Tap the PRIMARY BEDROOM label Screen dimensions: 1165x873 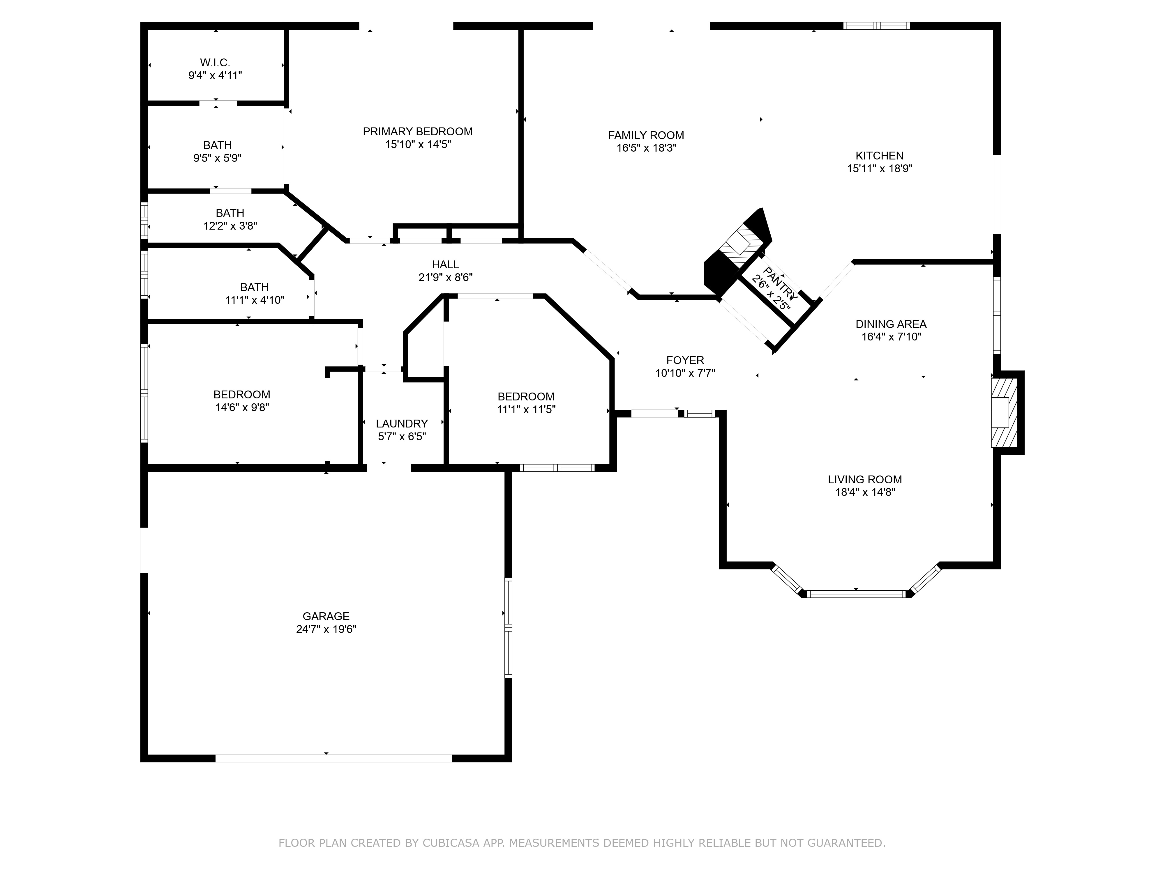click(x=418, y=132)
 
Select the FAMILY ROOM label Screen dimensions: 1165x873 click(x=646, y=135)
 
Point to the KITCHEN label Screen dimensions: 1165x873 click(x=880, y=156)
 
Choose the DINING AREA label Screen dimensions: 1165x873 click(x=891, y=324)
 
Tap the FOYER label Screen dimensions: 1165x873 click(x=685, y=361)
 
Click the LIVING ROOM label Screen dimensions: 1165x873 click(x=865, y=479)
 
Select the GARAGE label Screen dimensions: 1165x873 click(x=326, y=616)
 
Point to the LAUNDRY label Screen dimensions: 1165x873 click(x=402, y=424)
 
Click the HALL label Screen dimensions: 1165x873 click(x=446, y=265)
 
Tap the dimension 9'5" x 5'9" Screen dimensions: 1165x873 click(x=218, y=158)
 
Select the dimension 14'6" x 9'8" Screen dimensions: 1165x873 click(x=242, y=407)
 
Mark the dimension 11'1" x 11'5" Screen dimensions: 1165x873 click(x=526, y=409)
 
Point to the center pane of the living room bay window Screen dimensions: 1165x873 click(x=856, y=594)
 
